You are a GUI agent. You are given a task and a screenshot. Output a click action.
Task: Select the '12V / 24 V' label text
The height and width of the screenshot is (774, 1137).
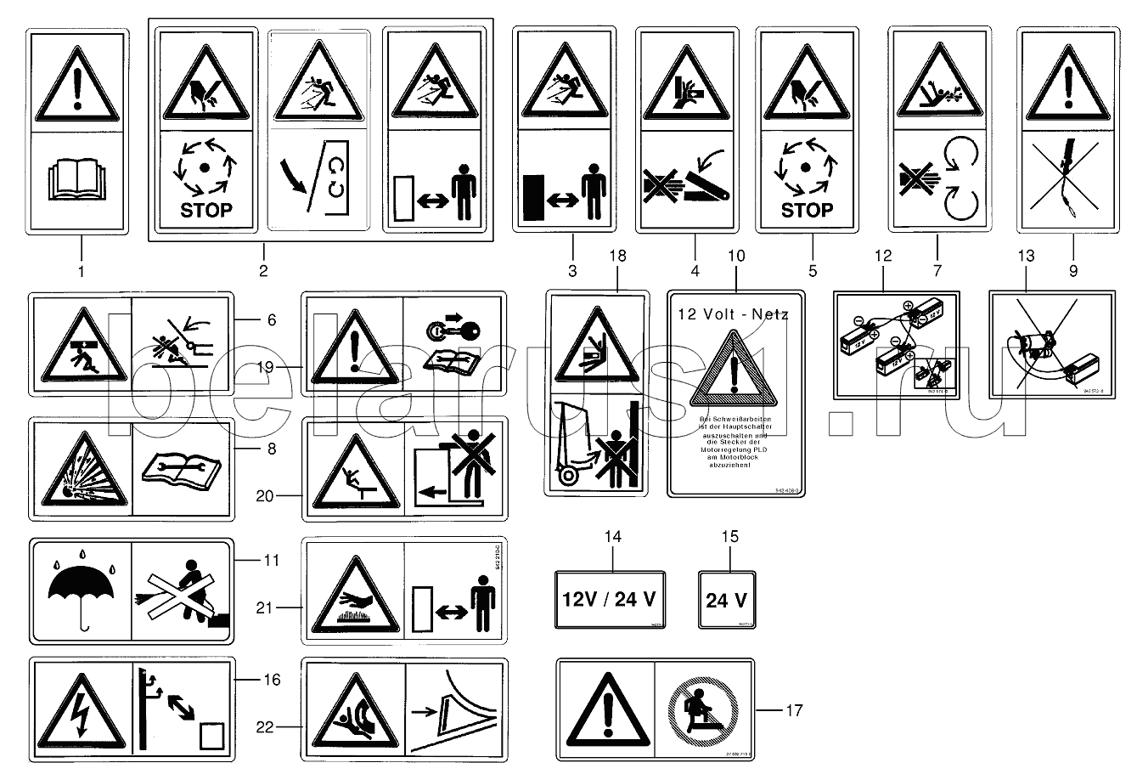tap(610, 599)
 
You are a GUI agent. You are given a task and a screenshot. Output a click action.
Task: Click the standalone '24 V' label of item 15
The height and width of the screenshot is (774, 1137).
tap(726, 600)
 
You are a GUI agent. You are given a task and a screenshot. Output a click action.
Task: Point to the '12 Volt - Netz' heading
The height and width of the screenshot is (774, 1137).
tap(733, 314)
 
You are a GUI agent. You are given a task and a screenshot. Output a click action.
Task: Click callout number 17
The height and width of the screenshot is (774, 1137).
tap(793, 710)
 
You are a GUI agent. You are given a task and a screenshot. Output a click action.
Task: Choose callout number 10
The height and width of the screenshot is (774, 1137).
tap(735, 256)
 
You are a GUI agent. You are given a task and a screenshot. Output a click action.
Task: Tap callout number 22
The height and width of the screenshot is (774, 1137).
tap(267, 726)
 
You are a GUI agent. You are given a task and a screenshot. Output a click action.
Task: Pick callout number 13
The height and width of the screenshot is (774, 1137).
tap(1026, 255)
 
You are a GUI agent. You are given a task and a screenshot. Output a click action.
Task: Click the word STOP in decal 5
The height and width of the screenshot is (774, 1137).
tap(806, 210)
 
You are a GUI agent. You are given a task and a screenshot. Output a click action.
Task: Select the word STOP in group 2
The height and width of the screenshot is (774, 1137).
tap(206, 210)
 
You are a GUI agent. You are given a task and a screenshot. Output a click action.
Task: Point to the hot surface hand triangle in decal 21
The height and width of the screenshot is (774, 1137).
tap(353, 590)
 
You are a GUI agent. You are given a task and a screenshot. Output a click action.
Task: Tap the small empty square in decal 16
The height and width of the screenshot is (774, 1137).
tap(211, 734)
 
